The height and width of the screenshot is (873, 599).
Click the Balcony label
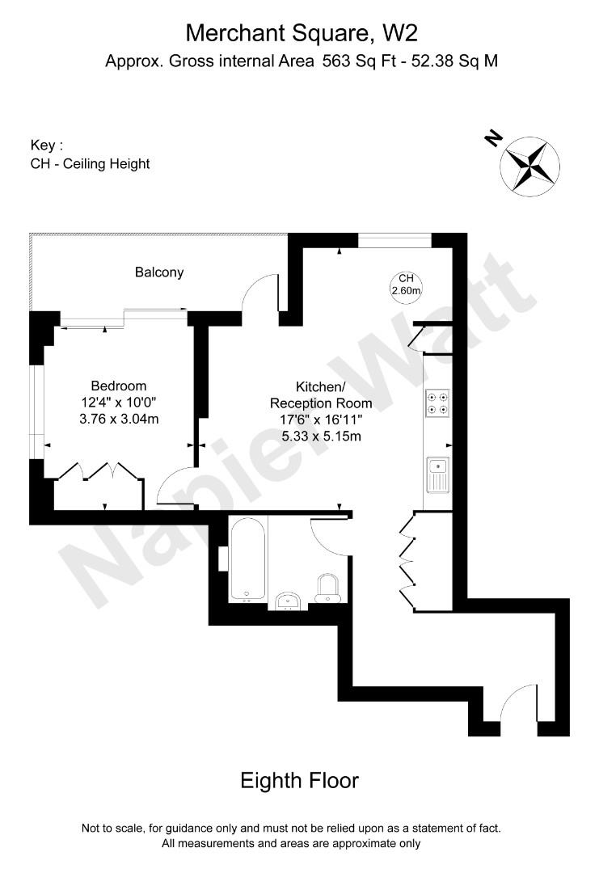[x=159, y=272]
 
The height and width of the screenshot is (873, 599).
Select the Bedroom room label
[x=119, y=386]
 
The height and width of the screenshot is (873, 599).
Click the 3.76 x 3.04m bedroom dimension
[x=119, y=418]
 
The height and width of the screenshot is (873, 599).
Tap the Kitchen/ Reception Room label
[x=321, y=395]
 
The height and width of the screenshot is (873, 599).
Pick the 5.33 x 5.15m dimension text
[x=321, y=436]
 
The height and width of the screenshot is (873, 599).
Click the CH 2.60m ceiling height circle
[x=407, y=285]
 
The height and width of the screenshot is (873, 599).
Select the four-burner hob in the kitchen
[x=438, y=403]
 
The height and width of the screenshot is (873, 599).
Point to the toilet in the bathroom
[x=329, y=588]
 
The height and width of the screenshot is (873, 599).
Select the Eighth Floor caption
[x=299, y=781]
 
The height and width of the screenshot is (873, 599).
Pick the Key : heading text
[x=47, y=145]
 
